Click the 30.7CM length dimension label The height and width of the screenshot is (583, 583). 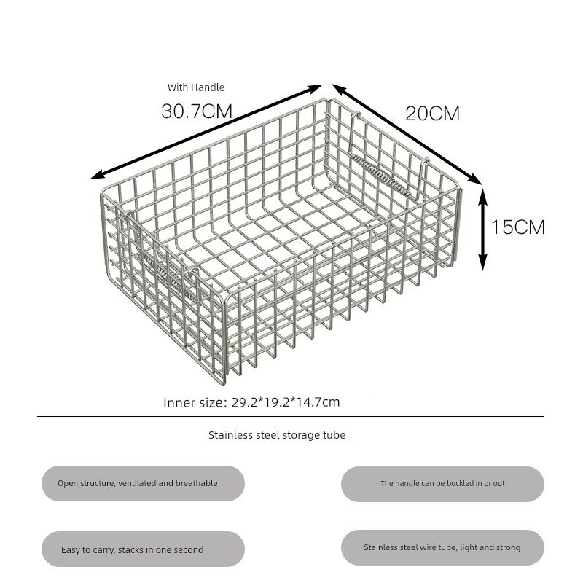pos(197,111)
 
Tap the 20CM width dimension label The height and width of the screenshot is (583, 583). pos(432,114)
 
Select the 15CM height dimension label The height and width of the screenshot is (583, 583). pos(518,227)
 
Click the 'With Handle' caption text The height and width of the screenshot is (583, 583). pos(196,87)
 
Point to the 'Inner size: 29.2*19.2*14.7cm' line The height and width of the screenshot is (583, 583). pos(251,402)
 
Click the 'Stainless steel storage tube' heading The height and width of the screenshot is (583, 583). pos(277,435)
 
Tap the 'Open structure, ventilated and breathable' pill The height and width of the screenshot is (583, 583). pos(143,483)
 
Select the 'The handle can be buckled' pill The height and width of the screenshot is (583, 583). pos(442,484)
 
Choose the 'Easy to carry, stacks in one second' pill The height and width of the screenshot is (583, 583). pos(143,549)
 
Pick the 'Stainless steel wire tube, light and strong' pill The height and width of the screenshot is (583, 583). pos(442,548)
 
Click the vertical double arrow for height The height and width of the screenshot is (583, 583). pos(482,230)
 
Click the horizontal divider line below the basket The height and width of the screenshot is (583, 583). pos(290,416)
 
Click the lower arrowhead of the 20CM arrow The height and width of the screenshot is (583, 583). pos(476,179)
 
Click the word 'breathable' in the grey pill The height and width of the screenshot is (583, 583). pos(196,483)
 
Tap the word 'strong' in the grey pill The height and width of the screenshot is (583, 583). pos(508,548)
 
